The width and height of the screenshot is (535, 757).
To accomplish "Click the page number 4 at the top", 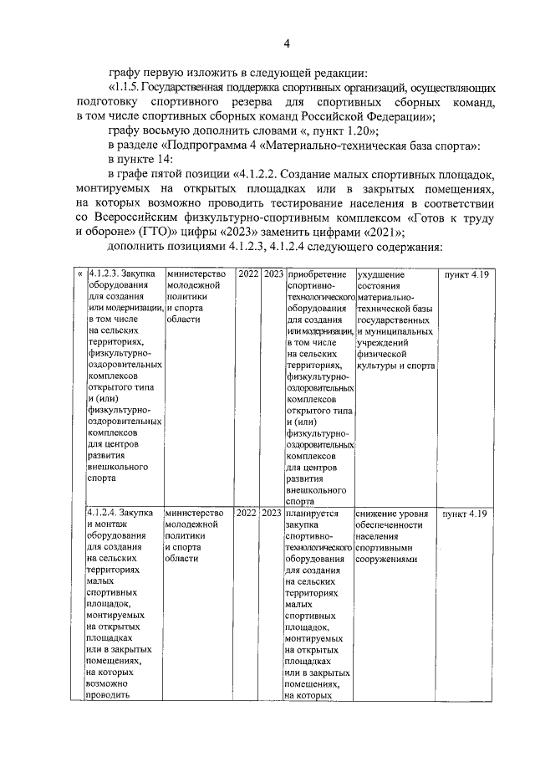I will pyautogui.click(x=286, y=43).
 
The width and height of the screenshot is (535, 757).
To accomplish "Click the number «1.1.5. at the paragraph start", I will pyautogui.click(x=125, y=87).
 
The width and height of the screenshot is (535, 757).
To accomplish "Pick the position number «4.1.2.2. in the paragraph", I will pyautogui.click(x=252, y=176).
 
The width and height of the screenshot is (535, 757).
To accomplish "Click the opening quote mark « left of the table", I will pyautogui.click(x=79, y=274).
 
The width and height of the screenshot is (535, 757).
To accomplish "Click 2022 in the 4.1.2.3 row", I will pyautogui.click(x=247, y=274).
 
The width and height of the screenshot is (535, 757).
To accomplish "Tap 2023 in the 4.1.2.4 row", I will pyautogui.click(x=272, y=513).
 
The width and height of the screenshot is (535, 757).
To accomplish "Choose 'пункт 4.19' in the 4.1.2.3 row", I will pyautogui.click(x=465, y=274).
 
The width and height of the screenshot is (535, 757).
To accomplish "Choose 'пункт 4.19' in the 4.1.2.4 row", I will pyautogui.click(x=465, y=513).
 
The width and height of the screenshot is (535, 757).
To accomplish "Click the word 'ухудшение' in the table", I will pyautogui.click(x=380, y=274).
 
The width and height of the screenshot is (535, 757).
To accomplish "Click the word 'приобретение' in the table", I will pyautogui.click(x=315, y=274).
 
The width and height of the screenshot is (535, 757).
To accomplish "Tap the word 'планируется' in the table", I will pyautogui.click(x=311, y=513).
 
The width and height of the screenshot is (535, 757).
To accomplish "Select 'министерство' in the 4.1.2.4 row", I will pyautogui.click(x=194, y=513).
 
